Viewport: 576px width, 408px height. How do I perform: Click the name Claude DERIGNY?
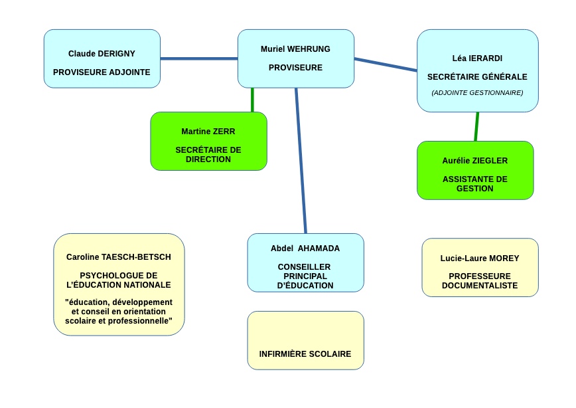[102, 54]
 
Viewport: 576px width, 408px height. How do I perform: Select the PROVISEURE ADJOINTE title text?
[102, 72]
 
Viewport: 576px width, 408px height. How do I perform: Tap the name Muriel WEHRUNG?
[295, 49]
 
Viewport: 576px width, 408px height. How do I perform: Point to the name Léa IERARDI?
[477, 58]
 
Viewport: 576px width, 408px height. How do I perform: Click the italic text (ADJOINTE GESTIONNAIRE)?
[477, 93]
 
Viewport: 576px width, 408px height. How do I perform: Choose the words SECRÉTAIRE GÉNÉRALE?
[477, 76]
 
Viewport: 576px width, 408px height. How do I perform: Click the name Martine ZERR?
[208, 132]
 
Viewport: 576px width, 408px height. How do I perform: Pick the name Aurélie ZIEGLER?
[475, 160]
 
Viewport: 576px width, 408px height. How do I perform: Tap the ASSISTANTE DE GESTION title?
[475, 183]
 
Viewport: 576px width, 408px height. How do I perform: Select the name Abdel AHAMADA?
[305, 249]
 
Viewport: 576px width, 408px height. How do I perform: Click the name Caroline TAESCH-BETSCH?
[119, 256]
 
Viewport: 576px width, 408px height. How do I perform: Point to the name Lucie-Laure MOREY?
[480, 258]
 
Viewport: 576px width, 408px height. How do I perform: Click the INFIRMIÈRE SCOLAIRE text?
[305, 354]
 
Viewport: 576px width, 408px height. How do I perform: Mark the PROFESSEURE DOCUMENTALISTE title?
[480, 280]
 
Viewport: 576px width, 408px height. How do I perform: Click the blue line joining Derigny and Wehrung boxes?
[199, 58]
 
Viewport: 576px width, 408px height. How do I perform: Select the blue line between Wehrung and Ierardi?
[386, 64]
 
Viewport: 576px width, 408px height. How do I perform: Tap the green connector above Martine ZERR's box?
[252, 100]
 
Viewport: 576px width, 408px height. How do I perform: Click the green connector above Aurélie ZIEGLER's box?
[477, 126]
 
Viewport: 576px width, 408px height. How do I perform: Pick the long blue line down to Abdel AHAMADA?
[301, 161]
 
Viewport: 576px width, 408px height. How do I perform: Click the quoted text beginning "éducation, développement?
[119, 311]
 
